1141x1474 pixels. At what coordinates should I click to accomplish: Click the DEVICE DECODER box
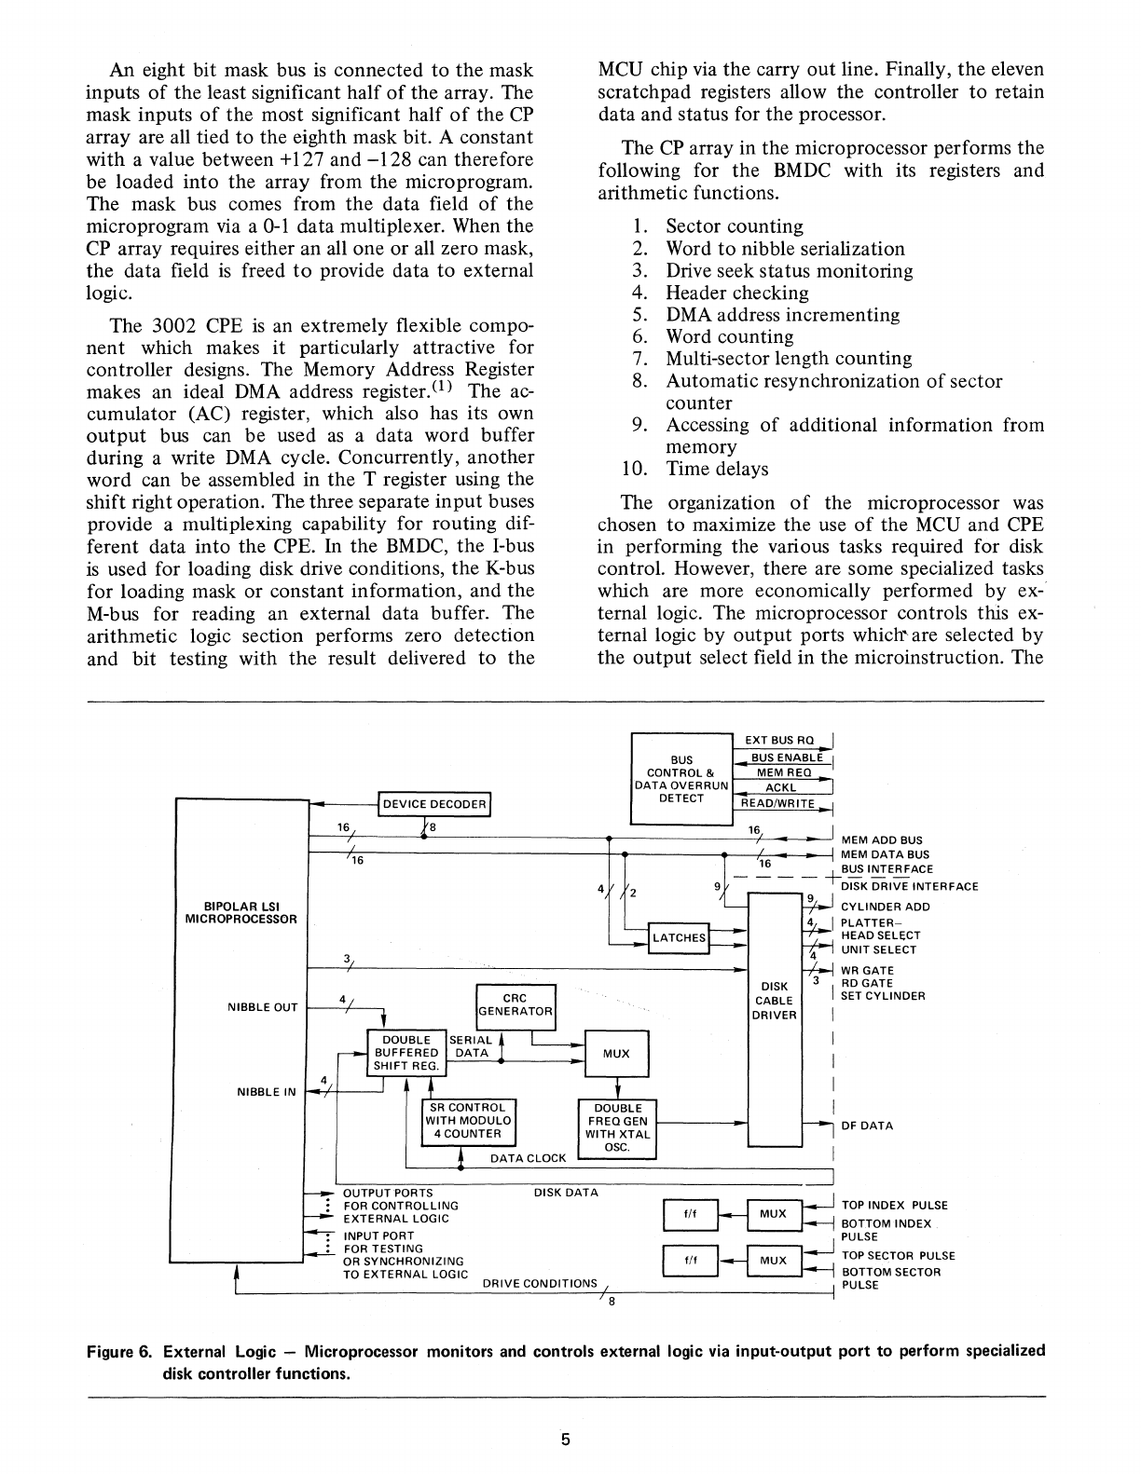(434, 804)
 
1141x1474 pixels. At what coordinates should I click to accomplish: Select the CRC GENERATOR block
(516, 1006)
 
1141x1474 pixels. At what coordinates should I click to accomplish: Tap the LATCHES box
(679, 937)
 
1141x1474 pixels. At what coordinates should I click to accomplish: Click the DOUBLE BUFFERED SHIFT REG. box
(406, 1053)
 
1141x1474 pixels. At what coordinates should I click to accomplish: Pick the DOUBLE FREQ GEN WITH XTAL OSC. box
(617, 1128)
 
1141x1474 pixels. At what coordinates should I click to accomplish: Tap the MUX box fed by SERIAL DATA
(615, 1054)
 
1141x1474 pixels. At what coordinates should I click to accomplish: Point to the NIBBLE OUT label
(263, 1007)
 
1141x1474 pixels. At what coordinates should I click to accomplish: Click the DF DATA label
(867, 1126)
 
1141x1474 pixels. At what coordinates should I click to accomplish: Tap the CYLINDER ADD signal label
(886, 907)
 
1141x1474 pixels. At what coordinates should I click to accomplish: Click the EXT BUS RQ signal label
(779, 741)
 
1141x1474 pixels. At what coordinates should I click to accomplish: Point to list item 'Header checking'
(736, 293)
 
